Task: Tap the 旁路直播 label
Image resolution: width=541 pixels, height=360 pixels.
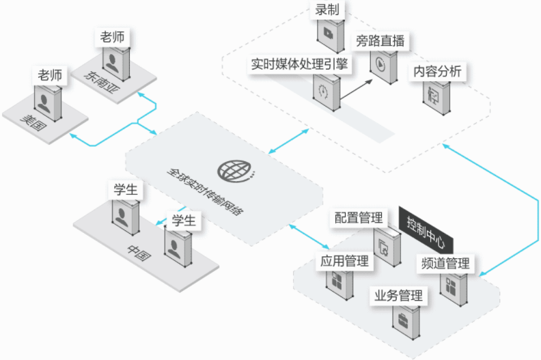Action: point(380,40)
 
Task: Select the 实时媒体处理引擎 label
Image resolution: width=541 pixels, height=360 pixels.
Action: point(300,64)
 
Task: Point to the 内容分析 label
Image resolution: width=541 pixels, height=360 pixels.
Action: point(438,71)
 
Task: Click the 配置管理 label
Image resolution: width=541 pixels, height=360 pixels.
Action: point(358,218)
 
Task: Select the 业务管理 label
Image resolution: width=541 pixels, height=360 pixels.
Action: point(398,296)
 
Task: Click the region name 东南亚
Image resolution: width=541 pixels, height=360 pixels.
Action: point(100,81)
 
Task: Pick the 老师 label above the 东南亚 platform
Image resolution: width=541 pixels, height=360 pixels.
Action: point(112,37)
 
